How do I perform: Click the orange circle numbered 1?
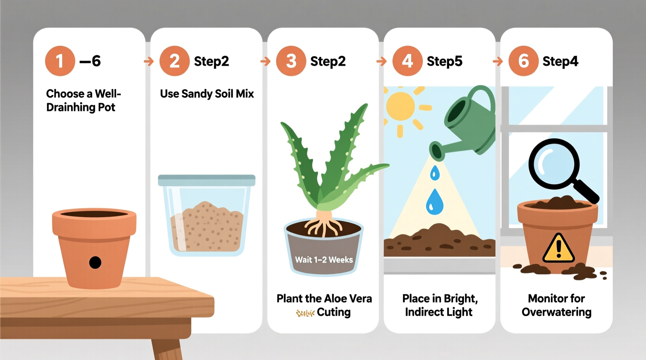[60, 61]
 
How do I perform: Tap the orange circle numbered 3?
[291, 61]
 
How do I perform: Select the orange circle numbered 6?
[523, 61]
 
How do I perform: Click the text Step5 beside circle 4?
[445, 61]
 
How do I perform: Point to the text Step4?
[560, 61]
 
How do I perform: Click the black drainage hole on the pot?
[95, 263]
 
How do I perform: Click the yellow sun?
[401, 106]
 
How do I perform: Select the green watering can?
[468, 124]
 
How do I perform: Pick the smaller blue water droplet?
[435, 173]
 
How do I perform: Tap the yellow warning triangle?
[558, 249]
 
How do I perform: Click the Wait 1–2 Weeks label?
[324, 260]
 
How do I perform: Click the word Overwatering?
[556, 312]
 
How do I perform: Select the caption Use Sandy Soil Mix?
[207, 94]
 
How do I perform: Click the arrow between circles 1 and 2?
[149, 61]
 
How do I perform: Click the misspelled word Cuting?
[333, 312]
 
